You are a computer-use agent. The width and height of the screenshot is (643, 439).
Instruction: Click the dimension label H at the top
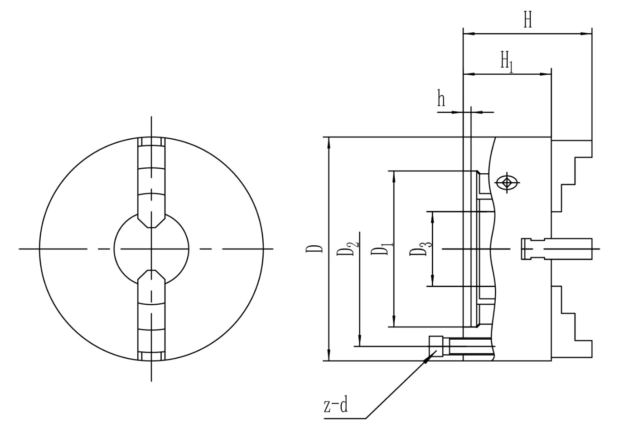coord(527,20)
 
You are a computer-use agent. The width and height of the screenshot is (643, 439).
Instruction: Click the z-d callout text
coord(336,405)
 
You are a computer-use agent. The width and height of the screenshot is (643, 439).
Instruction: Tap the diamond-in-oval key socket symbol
coord(507,183)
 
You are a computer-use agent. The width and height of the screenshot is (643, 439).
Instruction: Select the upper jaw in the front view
coord(151,181)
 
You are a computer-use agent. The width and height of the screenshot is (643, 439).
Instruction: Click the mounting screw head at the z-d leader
coord(435,346)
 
